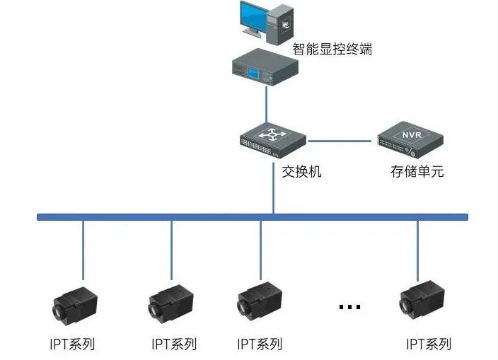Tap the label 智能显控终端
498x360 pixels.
click(x=332, y=50)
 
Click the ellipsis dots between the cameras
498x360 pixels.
click(x=349, y=307)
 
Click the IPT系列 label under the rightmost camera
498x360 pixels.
click(x=429, y=344)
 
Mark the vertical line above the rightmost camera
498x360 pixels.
click(x=417, y=248)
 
